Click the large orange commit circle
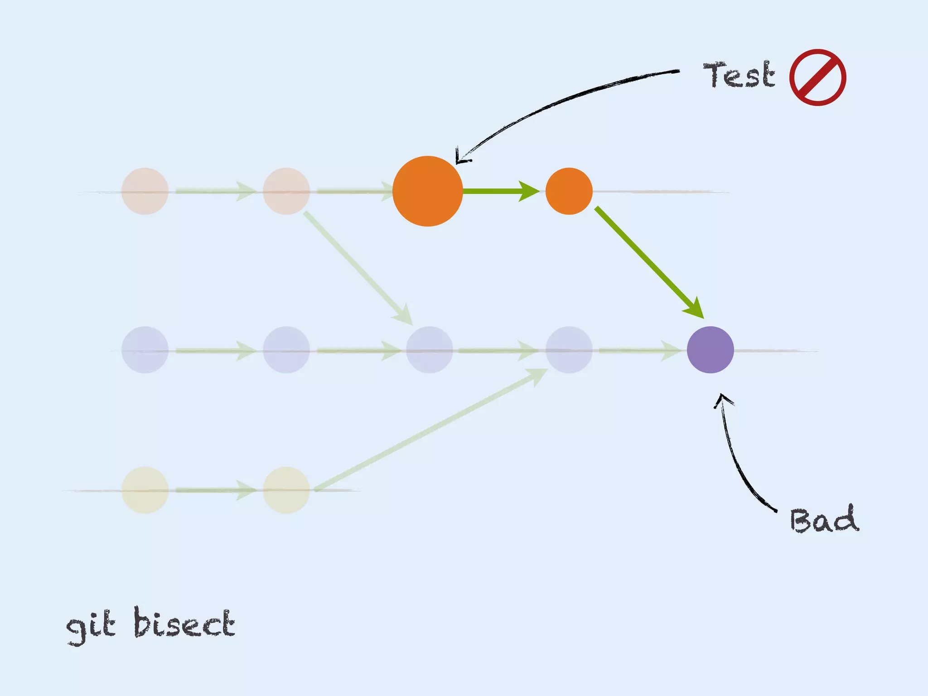(x=427, y=191)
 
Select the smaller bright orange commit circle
(x=569, y=191)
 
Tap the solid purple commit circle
(x=710, y=350)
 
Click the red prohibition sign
(x=817, y=77)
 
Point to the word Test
(x=739, y=75)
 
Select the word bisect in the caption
(x=184, y=623)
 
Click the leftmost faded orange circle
(x=145, y=191)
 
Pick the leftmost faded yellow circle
(x=145, y=490)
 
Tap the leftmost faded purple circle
(x=145, y=350)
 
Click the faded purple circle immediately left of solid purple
(x=569, y=350)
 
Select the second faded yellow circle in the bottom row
(x=286, y=490)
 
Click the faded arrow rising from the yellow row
(x=430, y=429)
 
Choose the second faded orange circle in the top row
(x=286, y=191)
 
